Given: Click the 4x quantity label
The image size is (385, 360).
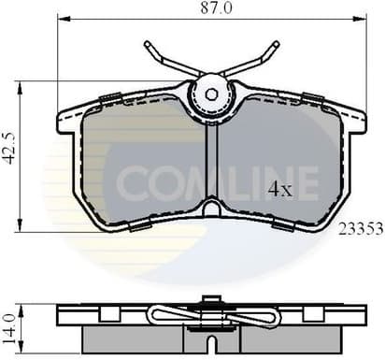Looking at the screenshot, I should [280, 189].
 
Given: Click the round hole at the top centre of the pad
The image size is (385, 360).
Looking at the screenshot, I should [211, 93].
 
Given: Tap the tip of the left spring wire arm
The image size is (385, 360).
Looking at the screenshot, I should [149, 45].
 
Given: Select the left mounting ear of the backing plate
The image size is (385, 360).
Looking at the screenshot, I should [68, 118].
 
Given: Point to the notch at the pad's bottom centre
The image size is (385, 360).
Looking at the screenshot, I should [211, 208].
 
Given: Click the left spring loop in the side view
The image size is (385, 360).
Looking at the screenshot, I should [168, 315].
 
